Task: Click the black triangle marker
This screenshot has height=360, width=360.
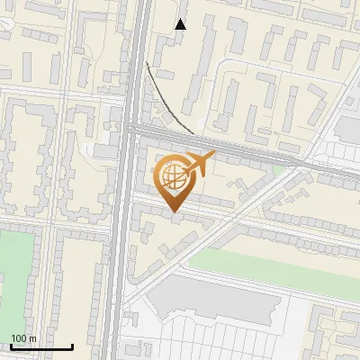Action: point(181,24)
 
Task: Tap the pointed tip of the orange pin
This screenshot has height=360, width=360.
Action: point(174,211)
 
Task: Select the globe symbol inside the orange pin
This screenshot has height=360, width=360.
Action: point(172,176)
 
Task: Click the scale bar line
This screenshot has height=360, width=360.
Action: point(40,346)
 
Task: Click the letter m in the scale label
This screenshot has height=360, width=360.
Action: point(32,338)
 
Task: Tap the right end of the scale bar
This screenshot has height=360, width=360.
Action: point(72,346)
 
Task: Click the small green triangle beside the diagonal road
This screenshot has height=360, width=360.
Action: point(279,169)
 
